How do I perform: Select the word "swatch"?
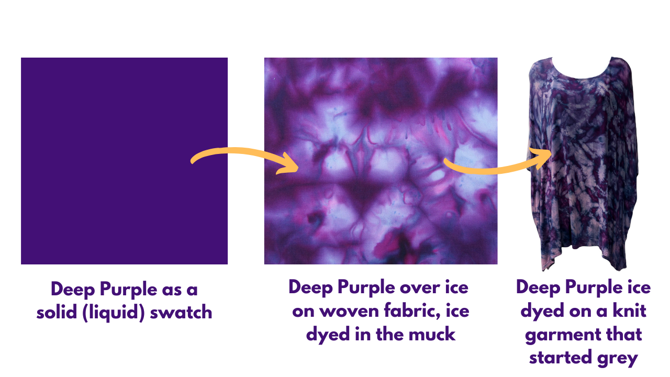pyautogui.click(x=181, y=313)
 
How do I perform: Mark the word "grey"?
pyautogui.click(x=621, y=358)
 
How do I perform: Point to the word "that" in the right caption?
pyautogui.click(x=623, y=335)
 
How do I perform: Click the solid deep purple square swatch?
pyautogui.click(x=124, y=161)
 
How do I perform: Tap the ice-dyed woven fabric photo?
pyautogui.click(x=381, y=161)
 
